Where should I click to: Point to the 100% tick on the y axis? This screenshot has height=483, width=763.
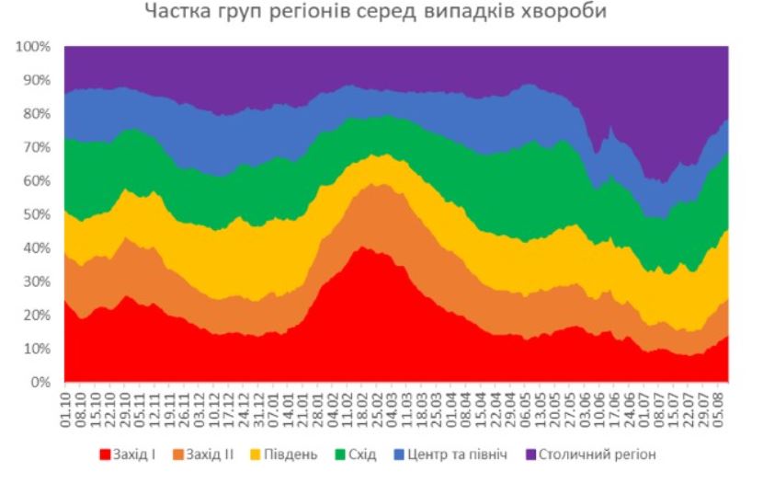tap(36, 46)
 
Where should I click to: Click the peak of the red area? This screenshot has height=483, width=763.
tap(364, 247)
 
